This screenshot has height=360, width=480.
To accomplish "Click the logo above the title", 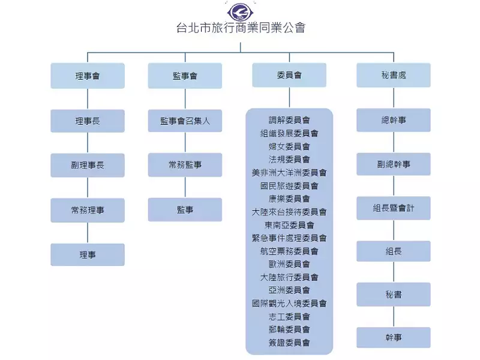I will point(239,11).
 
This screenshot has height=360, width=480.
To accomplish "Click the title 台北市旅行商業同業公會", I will point(240,28).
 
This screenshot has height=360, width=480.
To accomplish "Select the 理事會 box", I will point(88,76).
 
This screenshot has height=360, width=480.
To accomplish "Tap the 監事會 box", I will point(185,76).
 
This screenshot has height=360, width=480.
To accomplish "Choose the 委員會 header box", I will point(289,76).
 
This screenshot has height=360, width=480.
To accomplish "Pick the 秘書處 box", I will point(394,76).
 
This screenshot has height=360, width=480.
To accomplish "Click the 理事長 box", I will point(88,121).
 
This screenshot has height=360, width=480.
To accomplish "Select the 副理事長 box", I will point(88,165).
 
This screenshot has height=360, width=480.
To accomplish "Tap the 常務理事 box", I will point(88,210).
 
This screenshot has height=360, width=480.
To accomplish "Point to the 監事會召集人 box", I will point(185,121).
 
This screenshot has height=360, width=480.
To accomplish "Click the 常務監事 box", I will point(185,165).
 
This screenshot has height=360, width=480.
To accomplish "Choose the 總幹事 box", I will point(394,120).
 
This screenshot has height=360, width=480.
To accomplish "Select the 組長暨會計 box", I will point(394,208).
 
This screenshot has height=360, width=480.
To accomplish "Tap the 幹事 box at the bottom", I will point(394,338).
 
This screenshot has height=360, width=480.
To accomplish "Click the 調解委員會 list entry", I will point(289,120).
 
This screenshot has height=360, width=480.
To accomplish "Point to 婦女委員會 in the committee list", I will point(289,146).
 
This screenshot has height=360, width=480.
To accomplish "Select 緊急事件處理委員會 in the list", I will point(289,238).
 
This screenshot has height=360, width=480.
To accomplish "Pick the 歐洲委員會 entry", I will point(289,264).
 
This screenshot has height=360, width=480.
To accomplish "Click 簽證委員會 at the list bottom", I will point(289,343).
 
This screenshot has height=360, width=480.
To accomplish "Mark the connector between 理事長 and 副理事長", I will point(88,143).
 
